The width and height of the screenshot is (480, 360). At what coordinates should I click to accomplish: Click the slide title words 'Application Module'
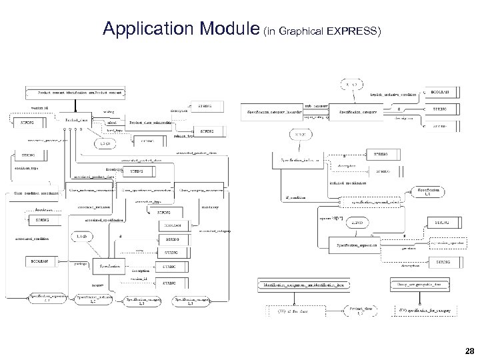tap(181, 29)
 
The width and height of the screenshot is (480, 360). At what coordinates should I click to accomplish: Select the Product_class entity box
tap(75, 120)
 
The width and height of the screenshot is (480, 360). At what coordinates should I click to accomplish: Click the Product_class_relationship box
tap(149, 123)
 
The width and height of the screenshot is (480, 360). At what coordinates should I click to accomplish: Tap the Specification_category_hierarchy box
tap(274, 111)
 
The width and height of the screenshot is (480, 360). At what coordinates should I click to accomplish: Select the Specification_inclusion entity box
tap(299, 161)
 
